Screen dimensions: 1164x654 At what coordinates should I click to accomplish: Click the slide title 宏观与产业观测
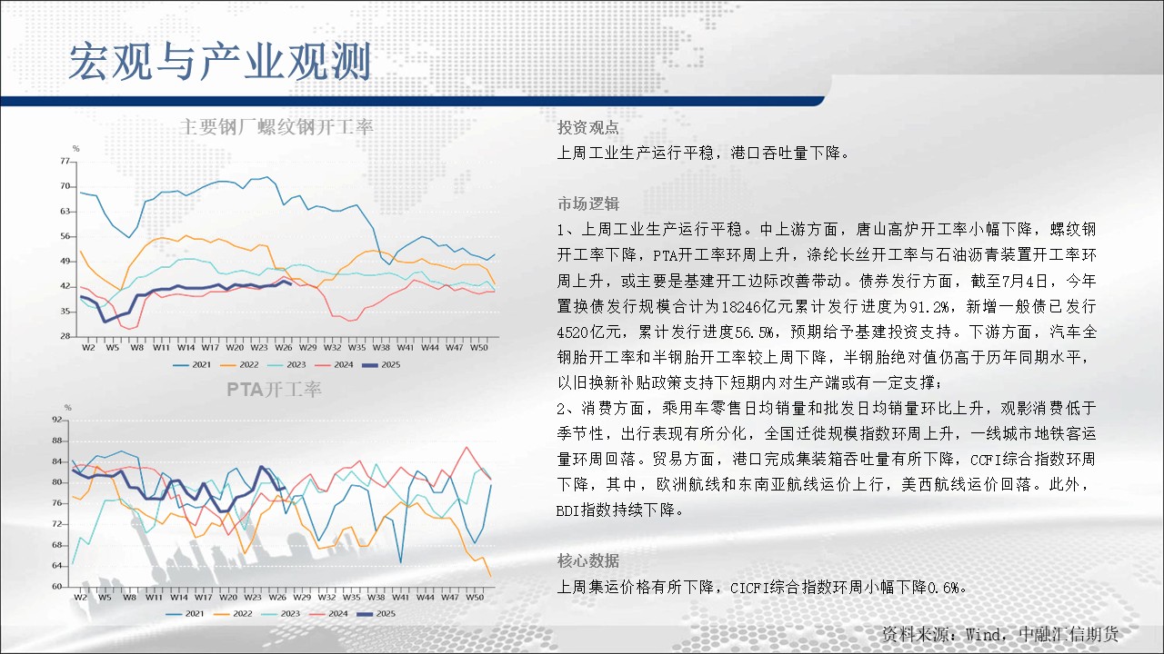(220, 62)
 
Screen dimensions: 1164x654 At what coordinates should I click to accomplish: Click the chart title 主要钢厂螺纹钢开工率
(276, 126)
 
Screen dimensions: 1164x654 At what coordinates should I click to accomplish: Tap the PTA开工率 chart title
(274, 390)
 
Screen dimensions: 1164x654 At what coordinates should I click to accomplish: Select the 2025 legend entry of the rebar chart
(381, 365)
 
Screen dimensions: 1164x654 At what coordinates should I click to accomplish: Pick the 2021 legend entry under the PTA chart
(185, 613)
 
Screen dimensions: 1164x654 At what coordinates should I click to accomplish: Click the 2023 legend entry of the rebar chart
(286, 365)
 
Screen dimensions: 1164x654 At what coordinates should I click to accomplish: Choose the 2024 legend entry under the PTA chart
(328, 613)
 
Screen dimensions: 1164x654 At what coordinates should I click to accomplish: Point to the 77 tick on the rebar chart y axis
(65, 161)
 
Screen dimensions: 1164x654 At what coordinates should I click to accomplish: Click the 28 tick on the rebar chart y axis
(65, 336)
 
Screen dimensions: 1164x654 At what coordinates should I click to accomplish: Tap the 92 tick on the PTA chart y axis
(56, 420)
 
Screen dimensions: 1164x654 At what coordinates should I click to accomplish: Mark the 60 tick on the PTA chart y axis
(56, 587)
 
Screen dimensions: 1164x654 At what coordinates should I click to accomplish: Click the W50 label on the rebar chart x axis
(478, 347)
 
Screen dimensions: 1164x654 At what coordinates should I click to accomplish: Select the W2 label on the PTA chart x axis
(80, 598)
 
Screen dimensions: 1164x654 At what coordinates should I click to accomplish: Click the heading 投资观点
(587, 128)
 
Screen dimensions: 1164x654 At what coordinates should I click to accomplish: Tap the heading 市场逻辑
(587, 204)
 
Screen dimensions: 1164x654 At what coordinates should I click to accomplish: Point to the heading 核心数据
(587, 560)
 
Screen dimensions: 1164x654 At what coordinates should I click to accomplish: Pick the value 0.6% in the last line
(943, 588)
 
